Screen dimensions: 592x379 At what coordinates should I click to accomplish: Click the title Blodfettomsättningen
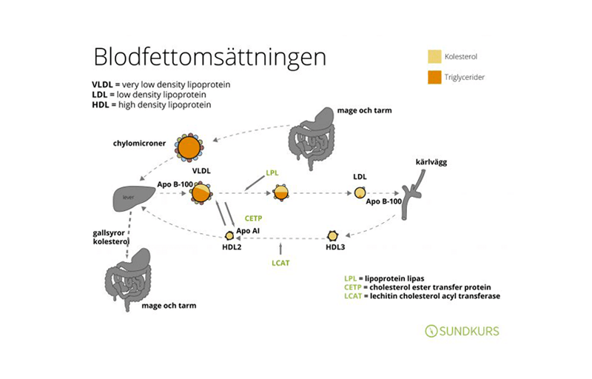209,58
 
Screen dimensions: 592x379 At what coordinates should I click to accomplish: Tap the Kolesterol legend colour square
434,56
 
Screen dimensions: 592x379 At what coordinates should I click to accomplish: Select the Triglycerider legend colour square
434,77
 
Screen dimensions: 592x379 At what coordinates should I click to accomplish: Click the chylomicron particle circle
189,147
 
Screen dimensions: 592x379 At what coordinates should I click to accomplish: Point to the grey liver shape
134,199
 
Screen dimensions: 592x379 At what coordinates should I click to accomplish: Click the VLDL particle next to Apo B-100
201,193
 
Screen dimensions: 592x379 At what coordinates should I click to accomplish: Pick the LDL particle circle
360,193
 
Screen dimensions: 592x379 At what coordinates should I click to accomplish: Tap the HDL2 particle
229,236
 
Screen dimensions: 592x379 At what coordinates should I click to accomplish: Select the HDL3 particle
332,236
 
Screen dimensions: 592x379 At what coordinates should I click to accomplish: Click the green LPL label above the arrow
272,173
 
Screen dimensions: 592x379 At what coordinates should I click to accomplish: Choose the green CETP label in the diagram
253,218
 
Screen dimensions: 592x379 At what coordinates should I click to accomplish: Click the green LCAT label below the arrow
280,263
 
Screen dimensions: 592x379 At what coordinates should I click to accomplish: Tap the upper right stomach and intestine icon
312,138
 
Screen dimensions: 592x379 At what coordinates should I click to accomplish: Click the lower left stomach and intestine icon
127,279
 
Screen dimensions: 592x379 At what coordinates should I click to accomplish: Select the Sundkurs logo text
462,331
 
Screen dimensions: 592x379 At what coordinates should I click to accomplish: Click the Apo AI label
248,231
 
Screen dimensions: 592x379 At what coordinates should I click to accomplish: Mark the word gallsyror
109,233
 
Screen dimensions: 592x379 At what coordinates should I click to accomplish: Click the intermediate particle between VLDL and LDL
280,193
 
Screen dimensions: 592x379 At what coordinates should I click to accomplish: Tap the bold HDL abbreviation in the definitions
101,104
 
